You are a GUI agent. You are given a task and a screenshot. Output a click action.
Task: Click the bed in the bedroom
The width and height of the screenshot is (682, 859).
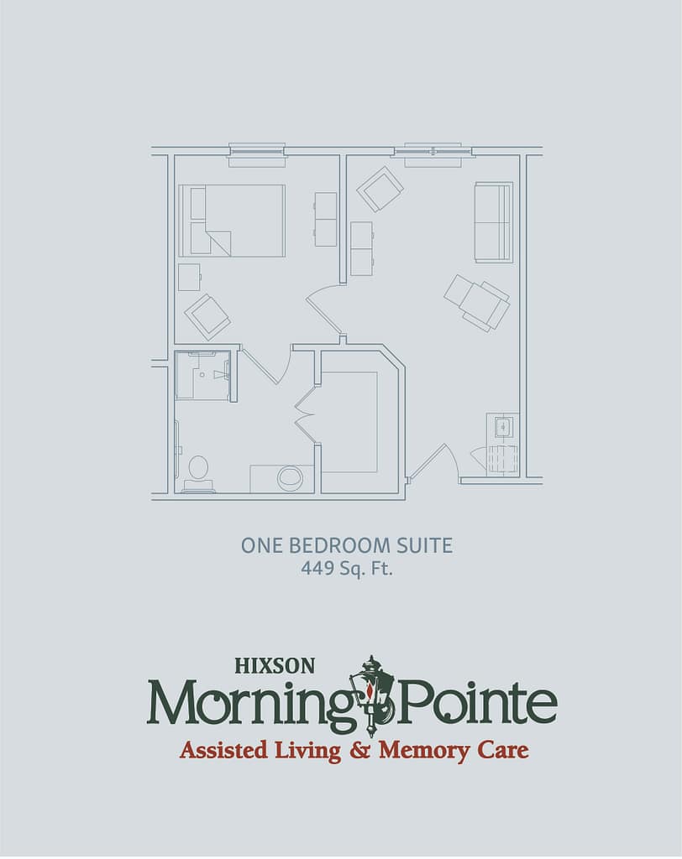[x=232, y=221]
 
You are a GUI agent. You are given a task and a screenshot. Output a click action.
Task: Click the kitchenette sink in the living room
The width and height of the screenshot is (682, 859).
[x=504, y=426]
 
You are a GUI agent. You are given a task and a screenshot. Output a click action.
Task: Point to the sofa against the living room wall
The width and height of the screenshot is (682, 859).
[x=494, y=222]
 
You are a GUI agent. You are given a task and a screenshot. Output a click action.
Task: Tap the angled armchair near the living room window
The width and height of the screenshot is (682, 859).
[x=380, y=189]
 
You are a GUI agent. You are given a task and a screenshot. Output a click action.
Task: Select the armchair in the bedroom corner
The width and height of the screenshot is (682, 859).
[x=207, y=317]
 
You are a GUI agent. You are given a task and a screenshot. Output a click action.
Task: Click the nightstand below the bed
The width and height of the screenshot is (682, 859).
[x=189, y=277]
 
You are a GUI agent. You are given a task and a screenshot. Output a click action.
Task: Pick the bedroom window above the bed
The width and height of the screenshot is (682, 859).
[x=257, y=155]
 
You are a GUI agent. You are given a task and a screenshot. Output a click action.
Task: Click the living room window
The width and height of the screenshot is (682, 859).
[x=438, y=155]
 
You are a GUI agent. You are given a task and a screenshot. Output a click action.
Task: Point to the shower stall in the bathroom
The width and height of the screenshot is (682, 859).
[x=202, y=376]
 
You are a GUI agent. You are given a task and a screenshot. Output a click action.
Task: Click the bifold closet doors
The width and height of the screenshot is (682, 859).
[x=306, y=414]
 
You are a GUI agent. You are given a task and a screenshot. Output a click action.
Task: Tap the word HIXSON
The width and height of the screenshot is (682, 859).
[x=275, y=665]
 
